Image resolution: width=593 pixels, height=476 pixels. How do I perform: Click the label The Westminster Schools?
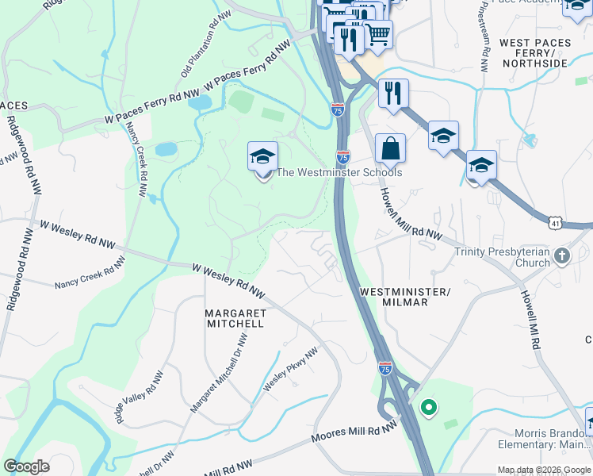click(339, 172)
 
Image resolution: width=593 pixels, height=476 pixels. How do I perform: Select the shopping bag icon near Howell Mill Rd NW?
click(391, 148)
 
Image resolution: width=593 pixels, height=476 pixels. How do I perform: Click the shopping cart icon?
click(378, 34)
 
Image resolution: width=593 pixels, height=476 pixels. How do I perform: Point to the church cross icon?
click(562, 255)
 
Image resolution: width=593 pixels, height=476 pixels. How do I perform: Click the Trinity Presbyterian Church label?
click(502, 257)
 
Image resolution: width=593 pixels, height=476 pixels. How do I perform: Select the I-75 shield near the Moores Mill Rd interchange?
click(384, 367)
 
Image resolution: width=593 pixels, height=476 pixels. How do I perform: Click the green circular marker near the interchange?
click(429, 409)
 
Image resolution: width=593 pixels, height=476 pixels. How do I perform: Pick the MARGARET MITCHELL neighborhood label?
click(235, 318)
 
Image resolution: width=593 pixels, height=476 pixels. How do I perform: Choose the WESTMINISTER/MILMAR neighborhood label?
click(404, 297)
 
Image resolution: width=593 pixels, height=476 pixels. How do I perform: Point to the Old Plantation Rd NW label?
click(199, 47)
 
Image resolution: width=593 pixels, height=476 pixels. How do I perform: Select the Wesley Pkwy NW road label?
click(290, 369)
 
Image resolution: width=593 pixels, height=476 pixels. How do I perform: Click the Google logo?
click(26, 466)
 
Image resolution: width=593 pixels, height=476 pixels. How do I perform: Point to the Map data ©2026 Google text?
click(543, 470)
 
